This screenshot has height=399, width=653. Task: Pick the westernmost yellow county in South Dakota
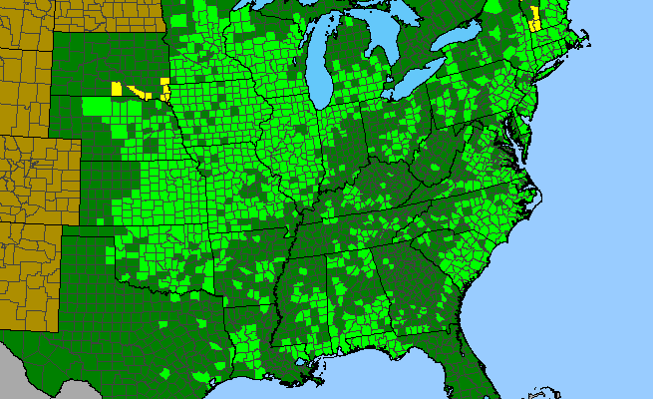pyautogui.click(x=117, y=88)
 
